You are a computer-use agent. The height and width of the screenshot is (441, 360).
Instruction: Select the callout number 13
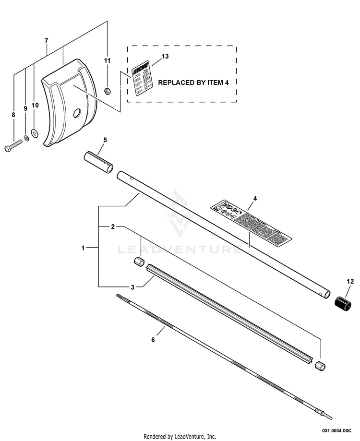(165, 56)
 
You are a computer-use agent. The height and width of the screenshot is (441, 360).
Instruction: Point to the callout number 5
(105, 140)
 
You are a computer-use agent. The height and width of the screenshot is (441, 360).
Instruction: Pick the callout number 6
(153, 340)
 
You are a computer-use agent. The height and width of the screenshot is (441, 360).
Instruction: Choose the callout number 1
(83, 249)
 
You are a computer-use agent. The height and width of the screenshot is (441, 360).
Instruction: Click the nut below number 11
(108, 89)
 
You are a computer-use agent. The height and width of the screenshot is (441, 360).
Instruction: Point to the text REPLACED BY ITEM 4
(193, 83)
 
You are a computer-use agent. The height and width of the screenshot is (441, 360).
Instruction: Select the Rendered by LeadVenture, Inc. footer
(180, 436)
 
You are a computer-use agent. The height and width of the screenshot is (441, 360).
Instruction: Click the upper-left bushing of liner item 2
(139, 262)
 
